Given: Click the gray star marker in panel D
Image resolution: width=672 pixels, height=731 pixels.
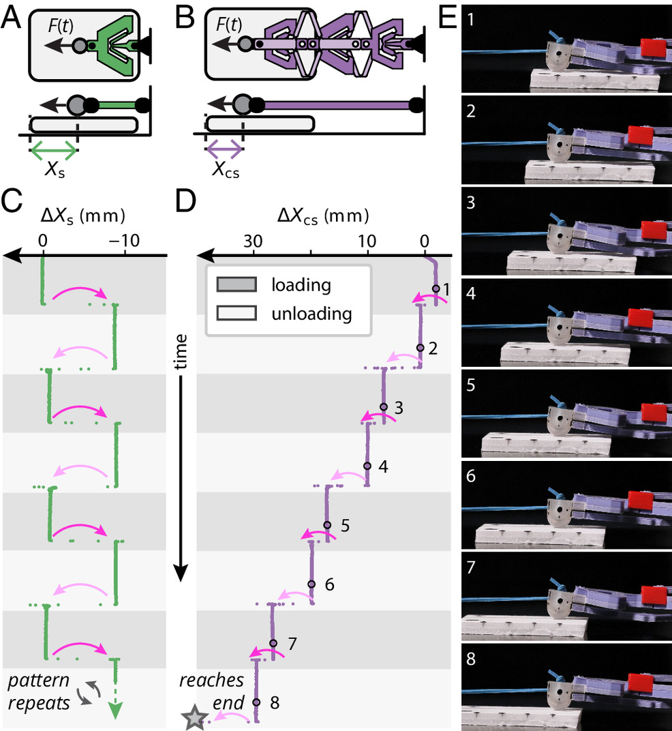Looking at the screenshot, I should coord(194,717).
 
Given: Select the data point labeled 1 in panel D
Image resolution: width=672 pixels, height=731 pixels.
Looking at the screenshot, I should coord(436,288).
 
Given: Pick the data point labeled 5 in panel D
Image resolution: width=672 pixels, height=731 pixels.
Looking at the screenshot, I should coord(327,525).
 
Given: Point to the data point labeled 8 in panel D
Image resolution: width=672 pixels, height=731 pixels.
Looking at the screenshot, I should coord(256,702).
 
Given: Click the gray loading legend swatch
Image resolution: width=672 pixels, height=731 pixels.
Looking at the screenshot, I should coord(236,284).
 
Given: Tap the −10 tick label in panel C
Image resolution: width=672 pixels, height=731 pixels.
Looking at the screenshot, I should coord(125,240).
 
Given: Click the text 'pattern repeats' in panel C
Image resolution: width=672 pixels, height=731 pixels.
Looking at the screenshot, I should coord(39,691).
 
